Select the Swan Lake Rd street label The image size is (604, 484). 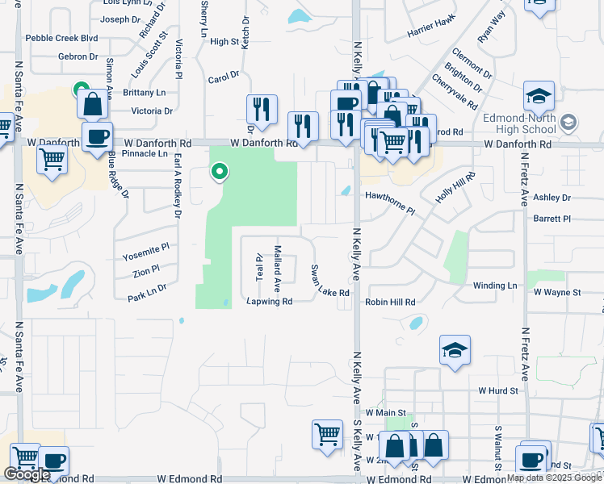tap(329, 280)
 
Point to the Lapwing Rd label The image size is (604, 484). tap(269, 302)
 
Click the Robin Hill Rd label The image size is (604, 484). tap(390, 302)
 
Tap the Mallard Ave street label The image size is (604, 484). tap(277, 268)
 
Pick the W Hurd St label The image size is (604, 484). tap(497, 390)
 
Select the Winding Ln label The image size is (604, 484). tap(495, 286)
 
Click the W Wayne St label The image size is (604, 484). tap(557, 292)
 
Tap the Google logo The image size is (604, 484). tap(27, 474)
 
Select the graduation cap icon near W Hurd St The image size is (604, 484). tap(455, 350)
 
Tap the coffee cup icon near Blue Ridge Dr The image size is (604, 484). tap(97, 136)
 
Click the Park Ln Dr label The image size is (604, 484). tap(147, 292)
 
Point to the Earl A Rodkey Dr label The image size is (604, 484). tap(176, 186)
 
